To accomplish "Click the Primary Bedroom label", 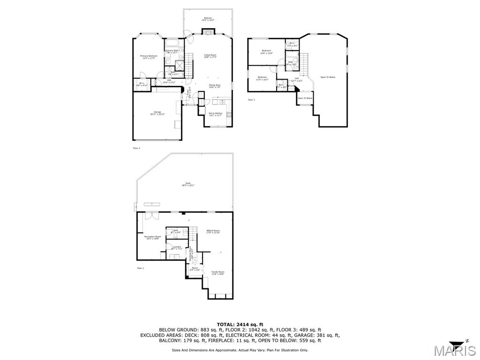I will coord(149,57).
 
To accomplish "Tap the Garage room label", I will coord(157,113).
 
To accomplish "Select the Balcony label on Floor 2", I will coord(208,19).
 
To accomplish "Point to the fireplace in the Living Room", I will coord(208,31).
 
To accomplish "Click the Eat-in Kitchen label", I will coord(215,114).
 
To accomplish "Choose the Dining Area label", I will coord(215,86).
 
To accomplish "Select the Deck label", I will coord(188,184).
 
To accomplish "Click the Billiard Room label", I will coord(213,232).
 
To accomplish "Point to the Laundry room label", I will coord(177,247).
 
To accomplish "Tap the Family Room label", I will coord(217,273).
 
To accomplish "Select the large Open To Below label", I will coord(328,77).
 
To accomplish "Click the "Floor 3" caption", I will coord(251,99).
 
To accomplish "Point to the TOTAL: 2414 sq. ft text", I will coord(240,324).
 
